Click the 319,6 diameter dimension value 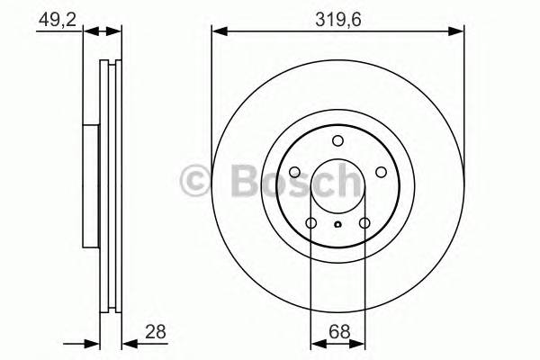click(x=337, y=15)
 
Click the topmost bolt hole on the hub click(x=337, y=140)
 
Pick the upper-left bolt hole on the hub click(x=294, y=172)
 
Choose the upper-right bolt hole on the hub click(x=381, y=172)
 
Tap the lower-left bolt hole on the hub click(x=310, y=223)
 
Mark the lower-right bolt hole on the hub click(x=364, y=223)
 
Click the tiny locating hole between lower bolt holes click(x=337, y=226)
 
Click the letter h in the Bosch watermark click(x=346, y=181)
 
